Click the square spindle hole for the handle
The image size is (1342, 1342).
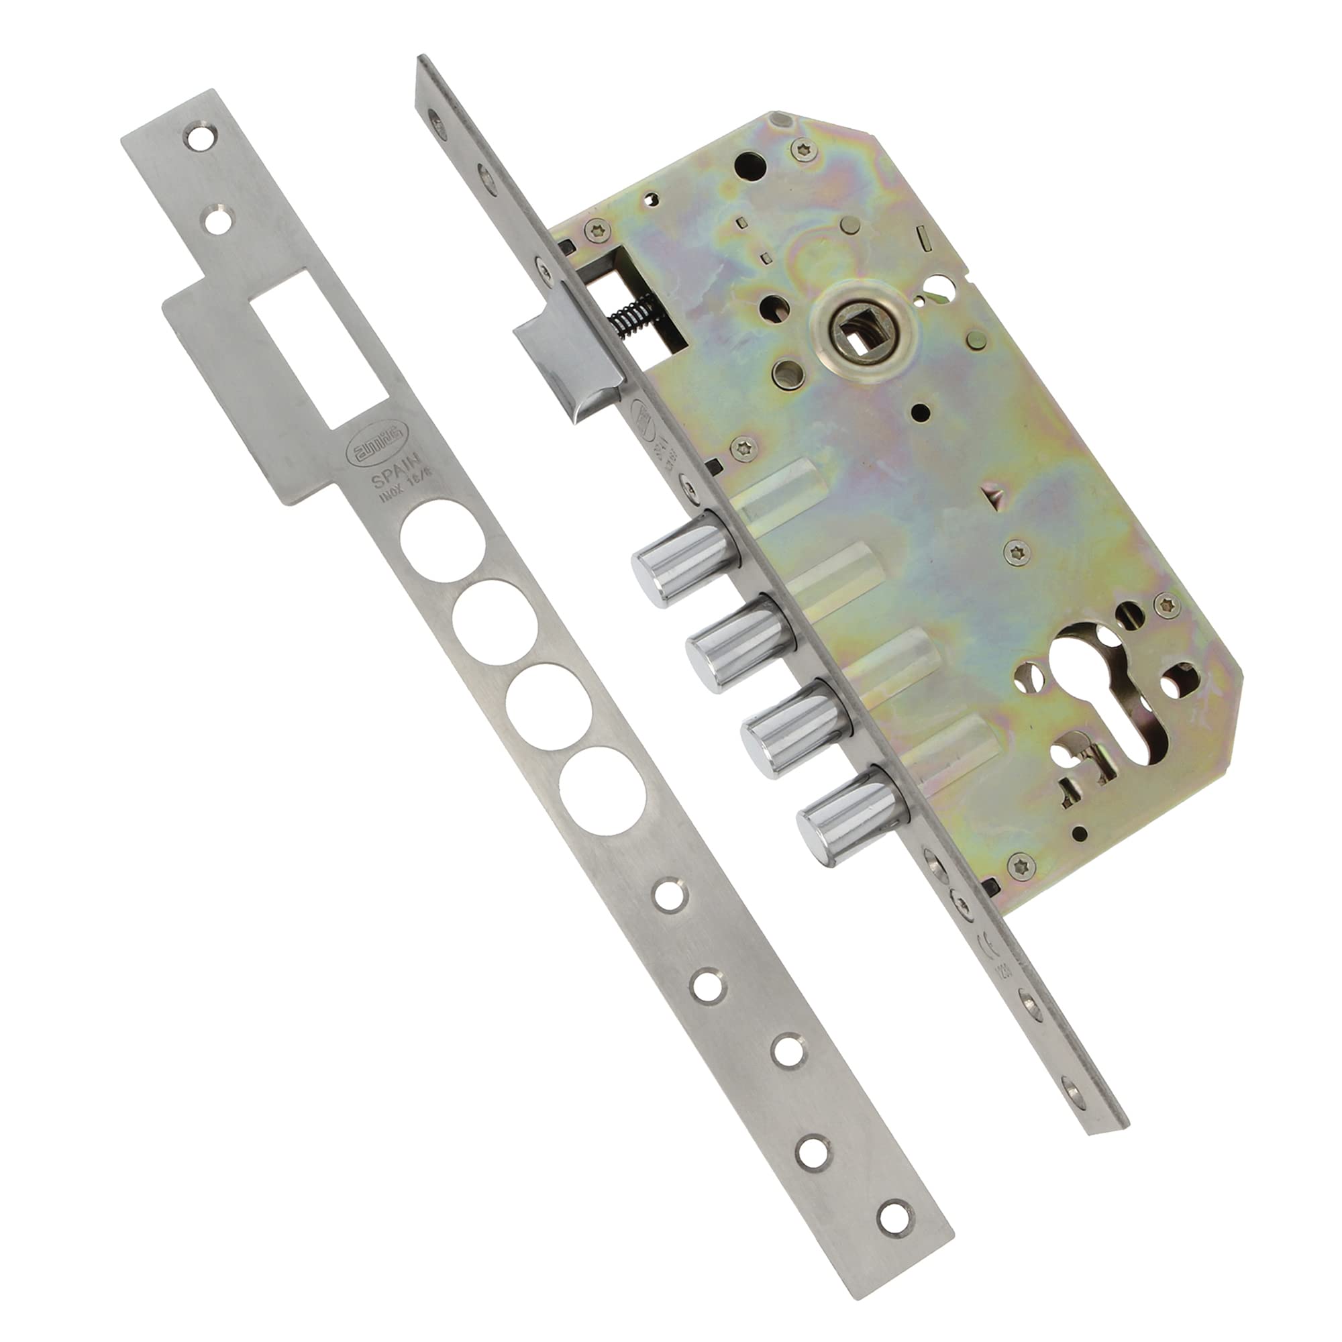click(857, 327)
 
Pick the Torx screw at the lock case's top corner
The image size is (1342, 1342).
click(801, 147)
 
